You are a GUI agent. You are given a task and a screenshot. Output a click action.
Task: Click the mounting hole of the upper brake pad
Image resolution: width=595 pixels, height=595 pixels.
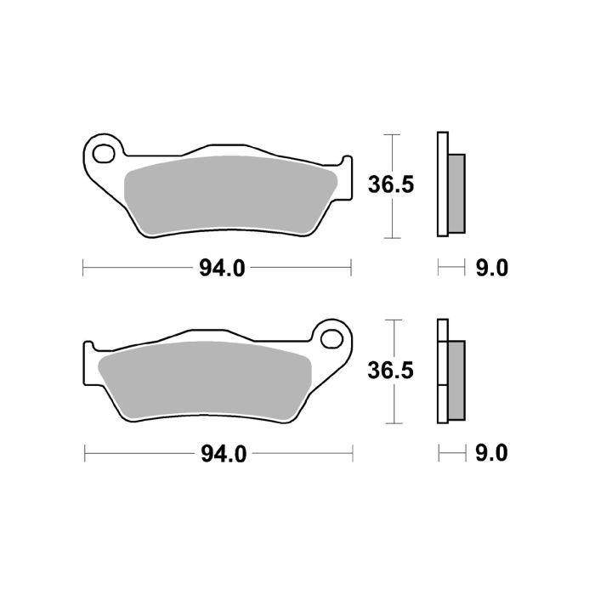pos(105,156)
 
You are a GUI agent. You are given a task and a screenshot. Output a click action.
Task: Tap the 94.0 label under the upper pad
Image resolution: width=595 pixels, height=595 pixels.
pos(222,269)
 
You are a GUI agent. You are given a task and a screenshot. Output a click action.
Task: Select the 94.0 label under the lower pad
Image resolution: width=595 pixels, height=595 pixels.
pos(223,454)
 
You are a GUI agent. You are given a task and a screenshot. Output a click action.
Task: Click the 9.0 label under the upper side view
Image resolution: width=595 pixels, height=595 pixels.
pos(490,269)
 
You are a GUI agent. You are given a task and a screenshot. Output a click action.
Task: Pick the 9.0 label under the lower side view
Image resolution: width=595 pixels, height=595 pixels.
pos(490,454)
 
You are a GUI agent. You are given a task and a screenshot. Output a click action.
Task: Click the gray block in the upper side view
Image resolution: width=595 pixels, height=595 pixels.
pos(456,193)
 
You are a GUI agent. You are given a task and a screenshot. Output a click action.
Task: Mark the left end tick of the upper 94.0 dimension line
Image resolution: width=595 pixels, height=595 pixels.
pos(83,269)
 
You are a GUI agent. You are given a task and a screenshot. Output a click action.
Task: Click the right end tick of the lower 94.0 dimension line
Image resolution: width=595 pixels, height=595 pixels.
pos(351,454)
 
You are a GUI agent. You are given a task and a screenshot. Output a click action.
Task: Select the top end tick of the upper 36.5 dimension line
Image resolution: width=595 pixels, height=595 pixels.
pos(390,134)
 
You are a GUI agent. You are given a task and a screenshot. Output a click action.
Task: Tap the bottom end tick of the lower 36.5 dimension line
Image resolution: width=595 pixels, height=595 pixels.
pos(390,422)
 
